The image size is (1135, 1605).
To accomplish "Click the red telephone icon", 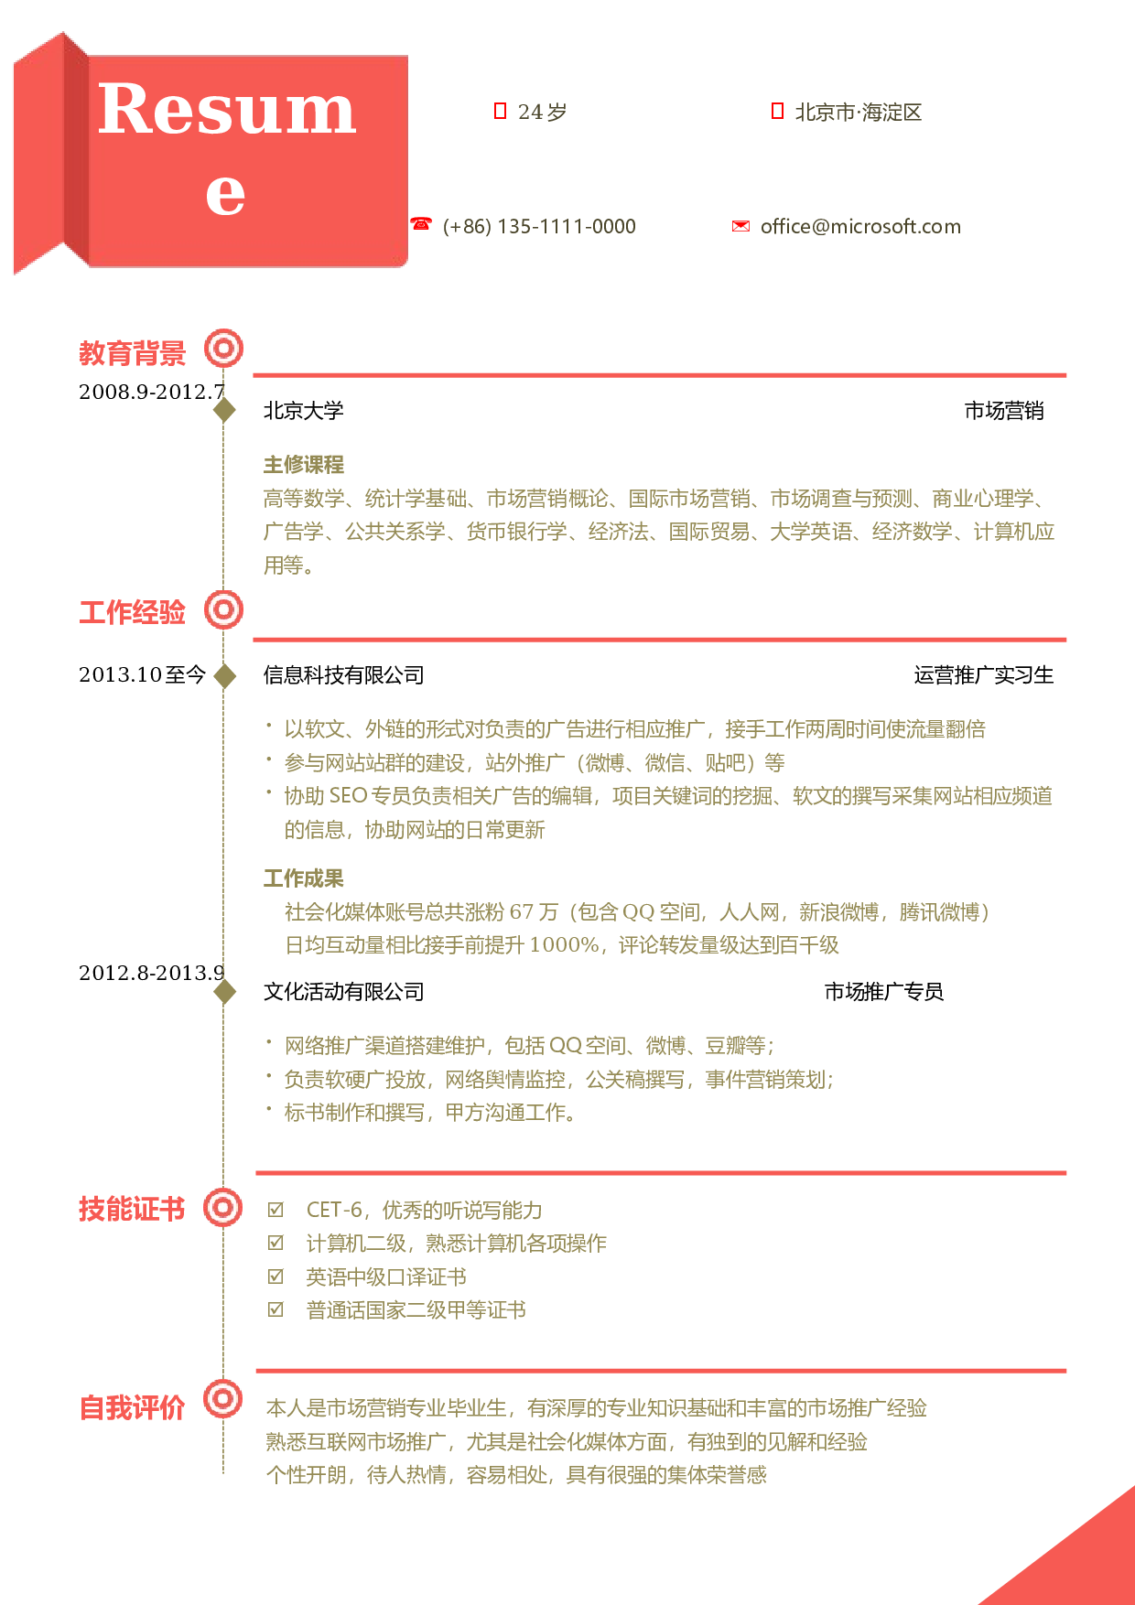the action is click(421, 223).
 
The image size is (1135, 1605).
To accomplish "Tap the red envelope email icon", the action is click(740, 226).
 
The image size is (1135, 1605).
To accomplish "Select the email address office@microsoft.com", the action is click(860, 226).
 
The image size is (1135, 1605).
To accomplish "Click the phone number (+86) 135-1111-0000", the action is click(539, 226).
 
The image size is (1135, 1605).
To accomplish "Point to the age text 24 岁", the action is click(542, 112).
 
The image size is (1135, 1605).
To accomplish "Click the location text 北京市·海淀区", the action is click(859, 112).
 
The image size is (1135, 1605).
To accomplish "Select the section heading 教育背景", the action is click(132, 352).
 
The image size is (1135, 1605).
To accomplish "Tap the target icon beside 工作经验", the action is click(223, 609).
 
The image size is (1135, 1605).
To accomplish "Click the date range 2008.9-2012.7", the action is click(152, 392).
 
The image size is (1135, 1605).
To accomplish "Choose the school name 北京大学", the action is click(304, 411).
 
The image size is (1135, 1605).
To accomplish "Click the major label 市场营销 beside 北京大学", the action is click(1004, 411).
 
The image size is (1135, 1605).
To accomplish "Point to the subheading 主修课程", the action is click(304, 464).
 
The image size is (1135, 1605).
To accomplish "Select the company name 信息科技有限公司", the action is click(344, 675).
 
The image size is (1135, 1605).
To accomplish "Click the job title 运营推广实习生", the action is click(984, 675).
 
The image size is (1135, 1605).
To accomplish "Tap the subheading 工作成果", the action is click(304, 878).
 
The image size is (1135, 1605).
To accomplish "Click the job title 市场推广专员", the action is click(884, 992).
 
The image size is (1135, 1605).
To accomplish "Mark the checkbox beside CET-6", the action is click(276, 1210).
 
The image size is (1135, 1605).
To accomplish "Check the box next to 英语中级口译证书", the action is click(276, 1276).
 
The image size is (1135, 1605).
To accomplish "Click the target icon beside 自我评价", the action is click(223, 1398).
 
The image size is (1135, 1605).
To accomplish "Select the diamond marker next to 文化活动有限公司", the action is click(224, 991).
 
